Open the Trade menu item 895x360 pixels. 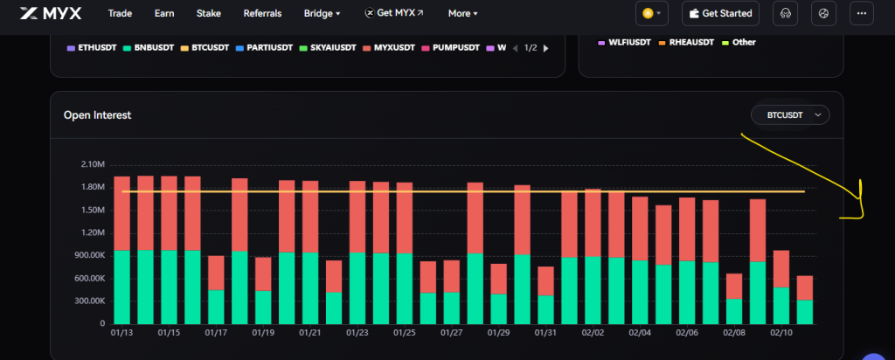121,13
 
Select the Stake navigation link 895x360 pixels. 208,13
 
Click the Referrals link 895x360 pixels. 262,13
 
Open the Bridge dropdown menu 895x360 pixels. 322,13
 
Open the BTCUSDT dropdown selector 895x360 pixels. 790,114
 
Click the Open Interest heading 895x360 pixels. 97,114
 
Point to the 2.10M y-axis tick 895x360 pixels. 92,164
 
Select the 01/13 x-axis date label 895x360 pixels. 121,333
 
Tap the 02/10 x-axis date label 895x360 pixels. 781,333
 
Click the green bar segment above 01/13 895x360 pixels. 122,287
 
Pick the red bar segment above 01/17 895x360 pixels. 216,272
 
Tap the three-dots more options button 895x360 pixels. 863,13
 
